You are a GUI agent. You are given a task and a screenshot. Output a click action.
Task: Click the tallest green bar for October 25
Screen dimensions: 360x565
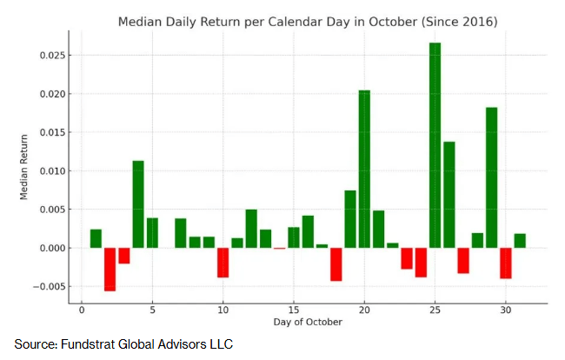coord(435,145)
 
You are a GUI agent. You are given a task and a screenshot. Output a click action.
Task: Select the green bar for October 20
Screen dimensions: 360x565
coord(364,169)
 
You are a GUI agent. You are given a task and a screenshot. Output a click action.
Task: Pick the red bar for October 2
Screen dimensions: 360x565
coord(110,269)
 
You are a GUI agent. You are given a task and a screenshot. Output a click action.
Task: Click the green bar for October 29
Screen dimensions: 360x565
coord(491,177)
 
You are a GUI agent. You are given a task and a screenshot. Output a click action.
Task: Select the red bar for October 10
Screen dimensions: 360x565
coord(223,263)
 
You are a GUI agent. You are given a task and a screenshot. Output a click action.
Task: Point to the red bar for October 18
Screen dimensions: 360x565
coord(336,264)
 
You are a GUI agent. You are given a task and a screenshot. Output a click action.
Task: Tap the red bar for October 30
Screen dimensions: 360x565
coord(505,263)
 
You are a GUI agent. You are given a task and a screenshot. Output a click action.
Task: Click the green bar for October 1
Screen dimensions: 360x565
coord(96,238)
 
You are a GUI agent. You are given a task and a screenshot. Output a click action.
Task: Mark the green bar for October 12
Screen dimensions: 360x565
coord(251,229)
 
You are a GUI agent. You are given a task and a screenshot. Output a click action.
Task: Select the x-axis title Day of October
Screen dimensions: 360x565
coord(307,323)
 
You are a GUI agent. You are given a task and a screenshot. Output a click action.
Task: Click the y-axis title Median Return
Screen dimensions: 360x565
coord(23,166)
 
